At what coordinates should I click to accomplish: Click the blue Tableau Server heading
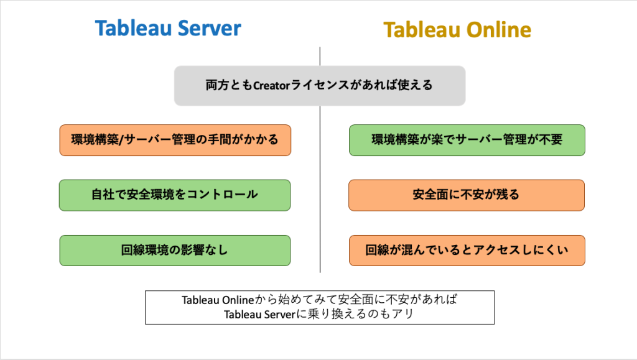coord(168,28)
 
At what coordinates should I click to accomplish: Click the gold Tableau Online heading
coord(457,30)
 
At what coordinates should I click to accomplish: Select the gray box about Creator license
coord(320,85)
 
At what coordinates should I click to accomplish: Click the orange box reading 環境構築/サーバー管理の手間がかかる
coord(175,140)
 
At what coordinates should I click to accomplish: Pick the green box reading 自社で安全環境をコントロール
coord(175,195)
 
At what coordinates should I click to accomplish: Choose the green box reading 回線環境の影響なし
coord(175,251)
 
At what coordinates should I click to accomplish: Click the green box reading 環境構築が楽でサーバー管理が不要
coord(467,140)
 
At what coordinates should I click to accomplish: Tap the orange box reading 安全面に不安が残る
coord(467,195)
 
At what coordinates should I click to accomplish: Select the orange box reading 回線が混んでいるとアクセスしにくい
coord(467,251)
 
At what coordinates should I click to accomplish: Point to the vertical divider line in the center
coord(320,187)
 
